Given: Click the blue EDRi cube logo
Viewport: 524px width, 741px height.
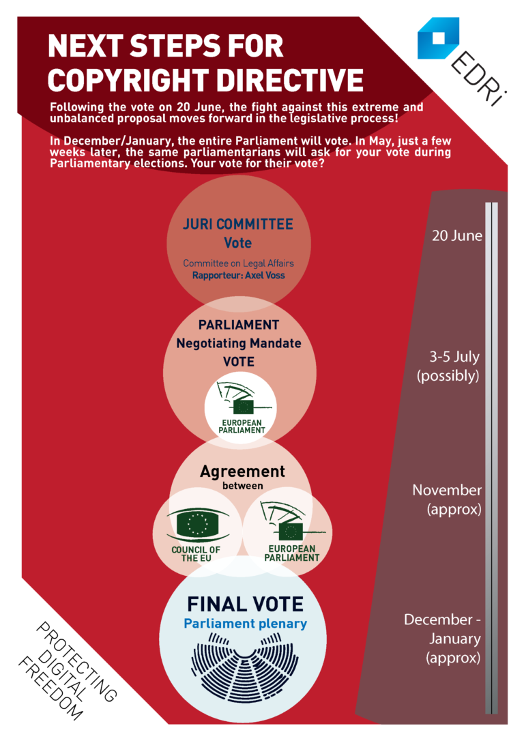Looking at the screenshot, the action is click(x=438, y=38).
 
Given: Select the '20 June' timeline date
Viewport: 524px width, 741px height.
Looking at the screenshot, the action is click(x=457, y=235).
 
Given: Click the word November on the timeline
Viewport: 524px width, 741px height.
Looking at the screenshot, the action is click(x=447, y=490).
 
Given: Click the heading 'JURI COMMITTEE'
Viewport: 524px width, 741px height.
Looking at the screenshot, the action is click(x=238, y=224).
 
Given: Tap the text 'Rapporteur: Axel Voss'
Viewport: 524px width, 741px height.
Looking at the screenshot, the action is click(x=239, y=276).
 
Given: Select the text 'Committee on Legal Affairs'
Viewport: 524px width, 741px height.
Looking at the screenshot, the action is click(x=239, y=263).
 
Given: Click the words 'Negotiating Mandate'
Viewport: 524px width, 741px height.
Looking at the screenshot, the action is click(x=239, y=343).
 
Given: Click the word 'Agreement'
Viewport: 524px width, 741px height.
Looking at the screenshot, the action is click(x=242, y=471).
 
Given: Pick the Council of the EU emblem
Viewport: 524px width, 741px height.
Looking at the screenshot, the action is click(x=197, y=524).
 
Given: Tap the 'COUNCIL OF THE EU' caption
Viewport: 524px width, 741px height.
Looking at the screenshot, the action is click(x=196, y=554).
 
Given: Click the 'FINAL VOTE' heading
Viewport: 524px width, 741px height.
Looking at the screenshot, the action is click(x=245, y=604).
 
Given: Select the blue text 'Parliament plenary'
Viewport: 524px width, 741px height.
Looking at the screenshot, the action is click(x=245, y=624).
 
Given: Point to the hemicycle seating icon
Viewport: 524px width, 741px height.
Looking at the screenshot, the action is click(x=245, y=667).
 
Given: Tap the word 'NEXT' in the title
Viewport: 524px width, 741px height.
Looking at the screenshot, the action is click(x=85, y=46).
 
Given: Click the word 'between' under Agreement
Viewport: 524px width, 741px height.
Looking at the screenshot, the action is click(x=243, y=486).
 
